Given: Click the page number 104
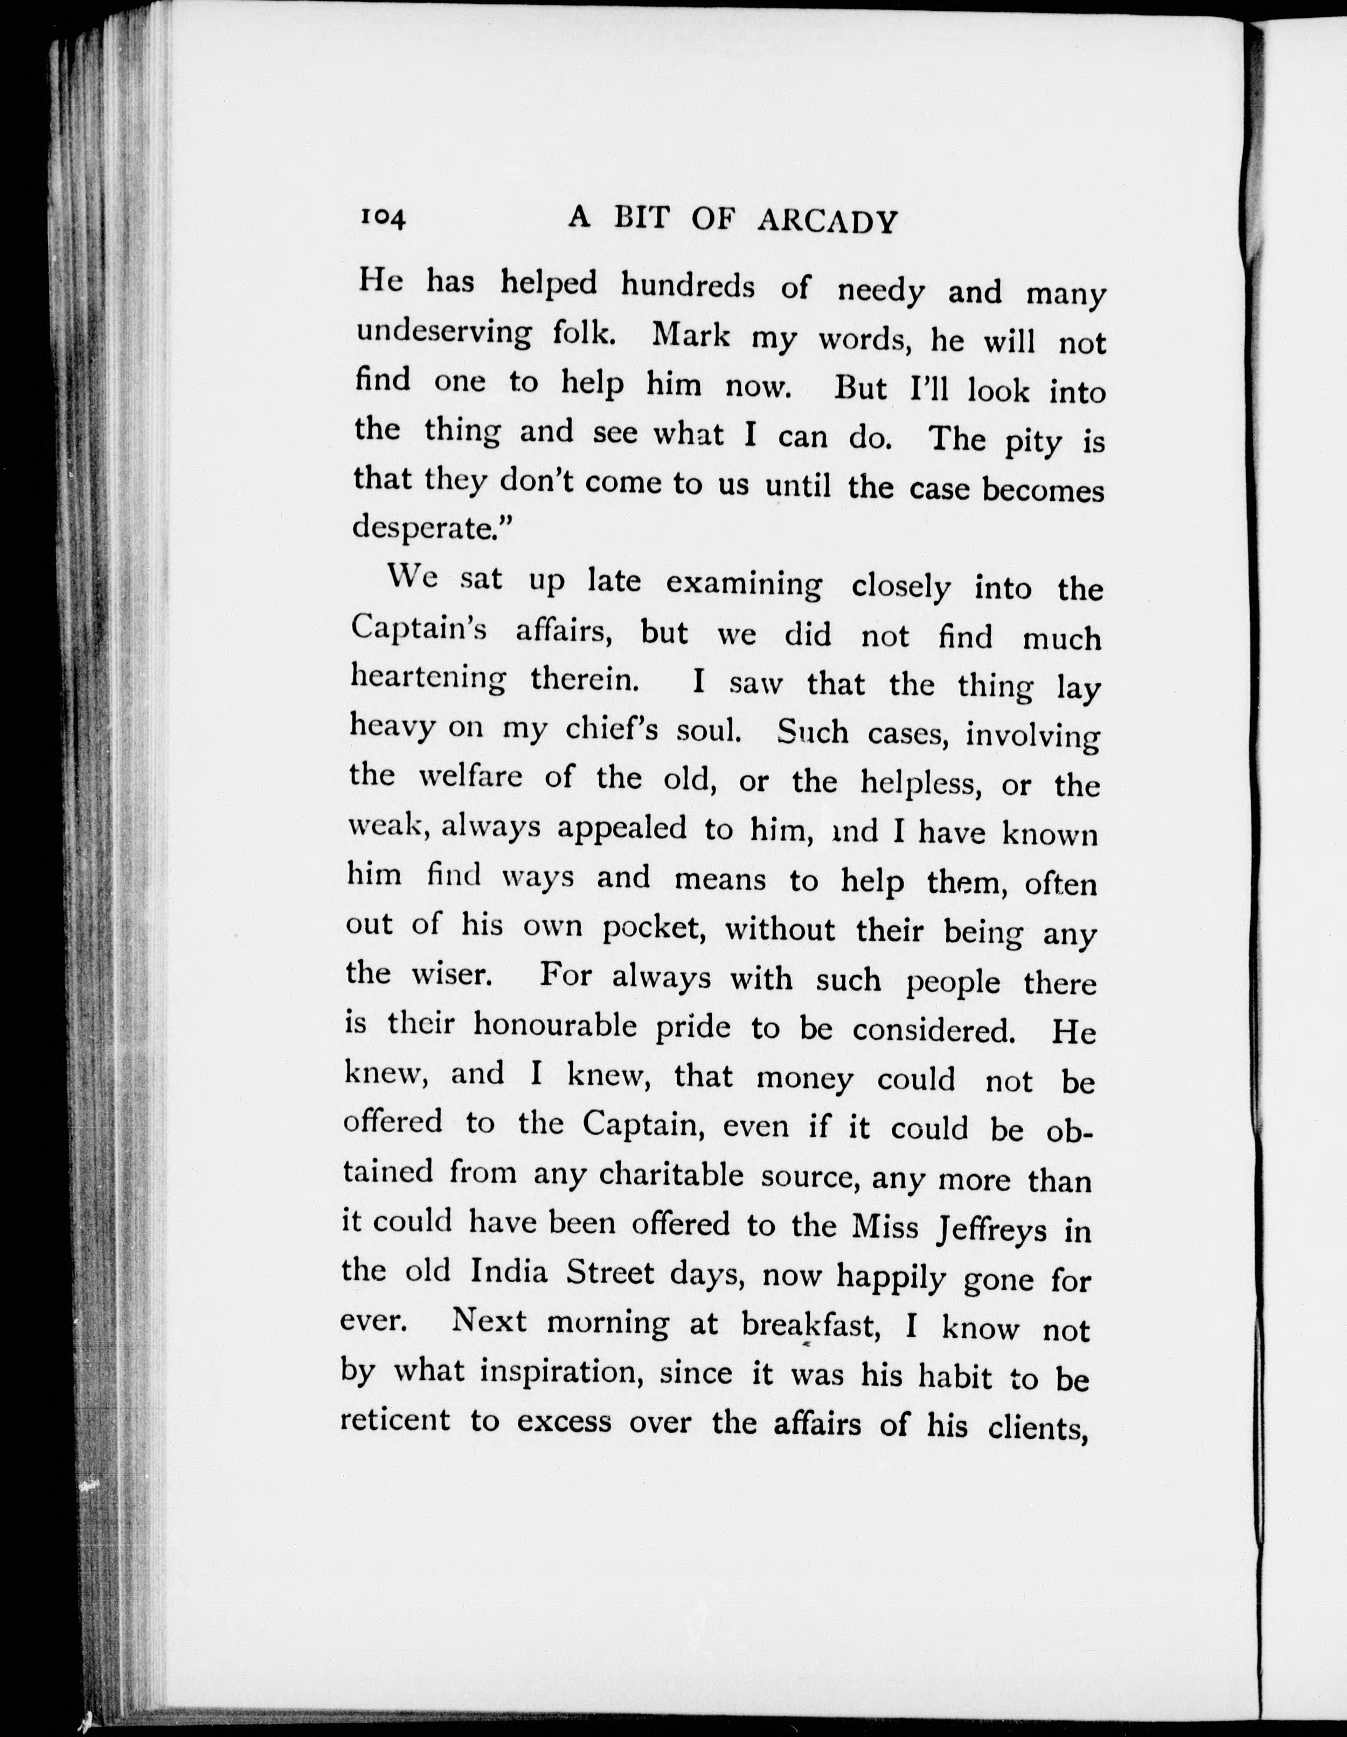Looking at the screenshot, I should click(x=383, y=217).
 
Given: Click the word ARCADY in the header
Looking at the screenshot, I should click(x=827, y=222).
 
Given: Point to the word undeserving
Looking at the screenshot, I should click(x=443, y=334).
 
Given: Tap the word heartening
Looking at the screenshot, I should click(x=428, y=678).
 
